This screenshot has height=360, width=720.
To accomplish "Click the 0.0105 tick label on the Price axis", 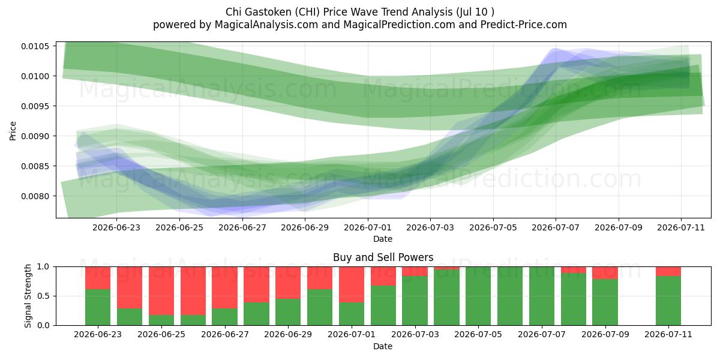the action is point(35,46).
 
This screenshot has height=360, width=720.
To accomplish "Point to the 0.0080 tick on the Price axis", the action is point(35,196).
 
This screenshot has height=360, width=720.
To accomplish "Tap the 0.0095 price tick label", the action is point(35,106).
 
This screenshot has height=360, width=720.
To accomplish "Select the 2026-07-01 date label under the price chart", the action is point(368,227).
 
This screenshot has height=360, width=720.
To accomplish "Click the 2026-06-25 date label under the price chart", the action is point(179,227).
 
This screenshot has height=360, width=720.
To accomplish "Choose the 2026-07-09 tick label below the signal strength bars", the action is point(605,334).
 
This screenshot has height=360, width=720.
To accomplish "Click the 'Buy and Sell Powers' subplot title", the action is point(383,257).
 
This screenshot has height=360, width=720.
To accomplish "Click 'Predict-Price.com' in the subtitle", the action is point(524,25).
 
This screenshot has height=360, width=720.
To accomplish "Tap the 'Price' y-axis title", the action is point(13,131).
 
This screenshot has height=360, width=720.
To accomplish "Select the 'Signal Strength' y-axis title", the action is point(28,296).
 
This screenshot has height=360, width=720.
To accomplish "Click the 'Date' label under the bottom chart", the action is point(383,347).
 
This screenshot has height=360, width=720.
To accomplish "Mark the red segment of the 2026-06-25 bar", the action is point(161,291).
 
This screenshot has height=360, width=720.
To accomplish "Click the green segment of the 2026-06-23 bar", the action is point(98,307).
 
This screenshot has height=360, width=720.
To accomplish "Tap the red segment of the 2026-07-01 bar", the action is point(352,284).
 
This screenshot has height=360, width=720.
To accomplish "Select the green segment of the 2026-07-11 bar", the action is point(668,301).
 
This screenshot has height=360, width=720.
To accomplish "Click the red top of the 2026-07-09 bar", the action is point(605,273).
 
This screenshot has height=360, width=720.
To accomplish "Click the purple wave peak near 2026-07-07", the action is point(555,50).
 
